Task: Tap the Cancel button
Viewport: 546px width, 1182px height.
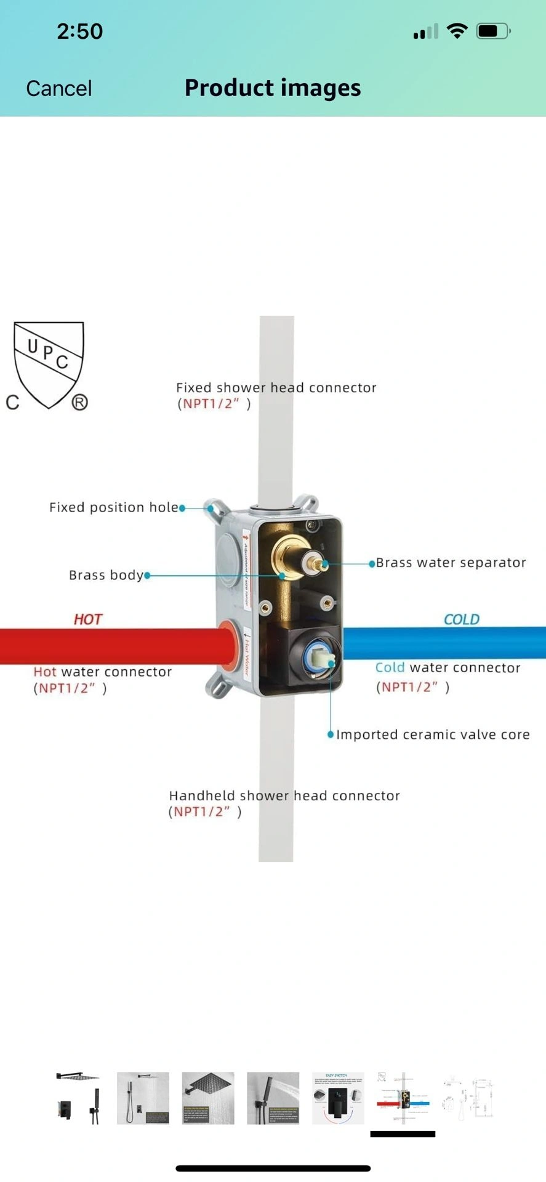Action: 59,89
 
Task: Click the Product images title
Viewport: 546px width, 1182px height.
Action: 273,88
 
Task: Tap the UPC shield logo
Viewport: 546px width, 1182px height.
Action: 49,365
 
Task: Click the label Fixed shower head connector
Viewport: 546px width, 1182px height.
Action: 276,388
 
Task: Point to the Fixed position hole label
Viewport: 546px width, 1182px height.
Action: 113,507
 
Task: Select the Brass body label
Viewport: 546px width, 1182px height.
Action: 106,575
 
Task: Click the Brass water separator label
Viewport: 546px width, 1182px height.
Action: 451,563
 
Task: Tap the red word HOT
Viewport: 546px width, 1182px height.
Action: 87,619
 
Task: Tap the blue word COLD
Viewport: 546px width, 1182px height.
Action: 461,619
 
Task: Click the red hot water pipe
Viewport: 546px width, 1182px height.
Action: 111,646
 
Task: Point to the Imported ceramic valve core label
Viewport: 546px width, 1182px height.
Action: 432,734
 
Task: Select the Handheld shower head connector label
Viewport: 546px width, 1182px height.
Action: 284,796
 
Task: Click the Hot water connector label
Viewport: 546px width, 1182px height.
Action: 102,672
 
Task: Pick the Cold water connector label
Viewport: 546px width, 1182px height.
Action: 448,668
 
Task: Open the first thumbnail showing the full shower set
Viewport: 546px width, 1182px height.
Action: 78,1098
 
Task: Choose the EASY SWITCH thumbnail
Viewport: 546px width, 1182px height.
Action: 338,1098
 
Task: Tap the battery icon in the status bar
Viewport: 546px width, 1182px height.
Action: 493,31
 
